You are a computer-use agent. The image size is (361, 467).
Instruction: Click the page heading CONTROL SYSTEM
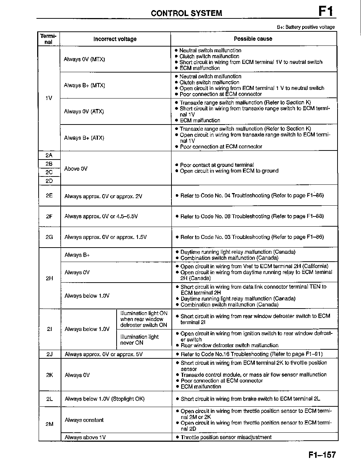click(x=186, y=13)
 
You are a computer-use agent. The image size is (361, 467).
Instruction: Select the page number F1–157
click(x=322, y=455)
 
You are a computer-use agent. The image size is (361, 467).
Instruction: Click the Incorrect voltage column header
click(x=115, y=39)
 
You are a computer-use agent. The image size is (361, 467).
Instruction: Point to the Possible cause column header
click(x=253, y=39)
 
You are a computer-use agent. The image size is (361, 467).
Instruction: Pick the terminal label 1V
click(x=49, y=98)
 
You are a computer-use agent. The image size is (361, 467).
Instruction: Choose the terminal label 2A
click(x=49, y=155)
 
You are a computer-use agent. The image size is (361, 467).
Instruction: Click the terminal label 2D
click(x=49, y=181)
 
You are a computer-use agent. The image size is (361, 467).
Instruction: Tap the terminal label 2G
click(x=49, y=237)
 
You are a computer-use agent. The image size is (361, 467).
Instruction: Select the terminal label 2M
click(x=49, y=424)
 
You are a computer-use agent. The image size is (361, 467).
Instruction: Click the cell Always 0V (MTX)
click(x=84, y=59)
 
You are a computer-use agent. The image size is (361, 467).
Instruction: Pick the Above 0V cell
click(x=76, y=169)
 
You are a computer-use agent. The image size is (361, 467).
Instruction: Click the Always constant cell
click(x=84, y=420)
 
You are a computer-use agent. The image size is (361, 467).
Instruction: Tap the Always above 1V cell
click(x=85, y=437)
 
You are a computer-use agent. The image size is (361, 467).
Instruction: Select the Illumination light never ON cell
click(x=139, y=340)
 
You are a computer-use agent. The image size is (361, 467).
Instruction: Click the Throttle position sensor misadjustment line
click(x=226, y=437)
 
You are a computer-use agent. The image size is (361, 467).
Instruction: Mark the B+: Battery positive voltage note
click(x=306, y=27)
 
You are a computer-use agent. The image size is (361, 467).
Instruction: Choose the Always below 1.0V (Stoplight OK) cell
click(x=104, y=399)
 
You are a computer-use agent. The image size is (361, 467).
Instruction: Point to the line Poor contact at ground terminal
click(x=217, y=165)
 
